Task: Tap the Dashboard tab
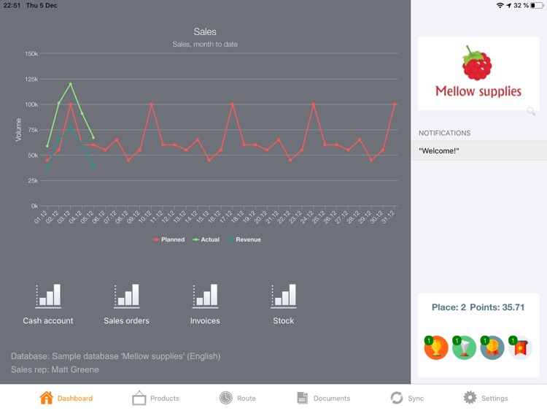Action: (x=66, y=398)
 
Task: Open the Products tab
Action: (x=155, y=398)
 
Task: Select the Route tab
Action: (x=238, y=398)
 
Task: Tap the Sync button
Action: (x=406, y=398)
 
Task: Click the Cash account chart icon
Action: (x=48, y=296)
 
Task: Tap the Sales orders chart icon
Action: (x=126, y=296)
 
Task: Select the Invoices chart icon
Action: (x=205, y=296)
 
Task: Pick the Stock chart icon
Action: (x=284, y=296)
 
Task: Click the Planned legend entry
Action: (x=169, y=239)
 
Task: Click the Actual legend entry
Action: (x=206, y=239)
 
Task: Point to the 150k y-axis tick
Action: (x=31, y=54)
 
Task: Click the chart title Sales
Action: (x=205, y=32)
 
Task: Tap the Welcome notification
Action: (x=478, y=151)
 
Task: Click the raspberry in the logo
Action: (x=477, y=64)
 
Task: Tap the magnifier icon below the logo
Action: (x=531, y=111)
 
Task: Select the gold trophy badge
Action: (x=436, y=347)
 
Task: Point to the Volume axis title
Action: (x=19, y=129)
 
